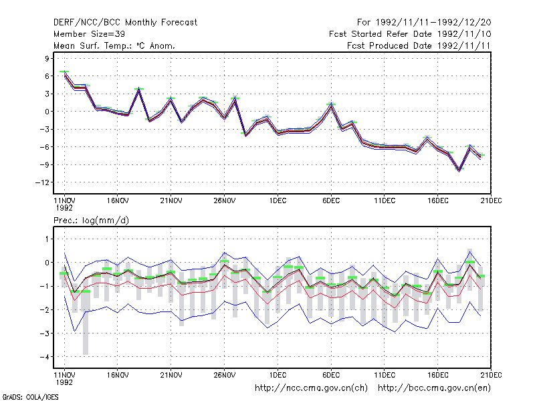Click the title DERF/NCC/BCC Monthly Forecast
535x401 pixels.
click(125, 23)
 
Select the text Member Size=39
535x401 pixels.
click(89, 34)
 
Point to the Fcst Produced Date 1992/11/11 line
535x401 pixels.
click(419, 45)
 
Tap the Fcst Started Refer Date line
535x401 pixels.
click(410, 34)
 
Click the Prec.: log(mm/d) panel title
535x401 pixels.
click(91, 221)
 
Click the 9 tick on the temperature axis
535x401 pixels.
click(47, 59)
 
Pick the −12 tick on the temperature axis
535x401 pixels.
click(42, 182)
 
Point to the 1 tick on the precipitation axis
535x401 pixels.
click(47, 239)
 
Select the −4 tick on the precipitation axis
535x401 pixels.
click(44, 357)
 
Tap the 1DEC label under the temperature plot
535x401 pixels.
click(278, 200)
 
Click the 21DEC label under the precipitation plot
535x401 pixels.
click(491, 375)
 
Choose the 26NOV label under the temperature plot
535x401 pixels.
click(224, 200)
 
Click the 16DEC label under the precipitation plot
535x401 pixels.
click(438, 375)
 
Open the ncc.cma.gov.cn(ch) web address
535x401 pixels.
click(311, 388)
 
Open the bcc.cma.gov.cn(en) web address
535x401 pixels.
click(434, 388)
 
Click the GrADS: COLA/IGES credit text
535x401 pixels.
click(30, 397)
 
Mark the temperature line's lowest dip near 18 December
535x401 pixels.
click(459, 170)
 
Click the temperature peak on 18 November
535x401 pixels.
click(139, 90)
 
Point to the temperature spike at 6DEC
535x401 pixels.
click(331, 105)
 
